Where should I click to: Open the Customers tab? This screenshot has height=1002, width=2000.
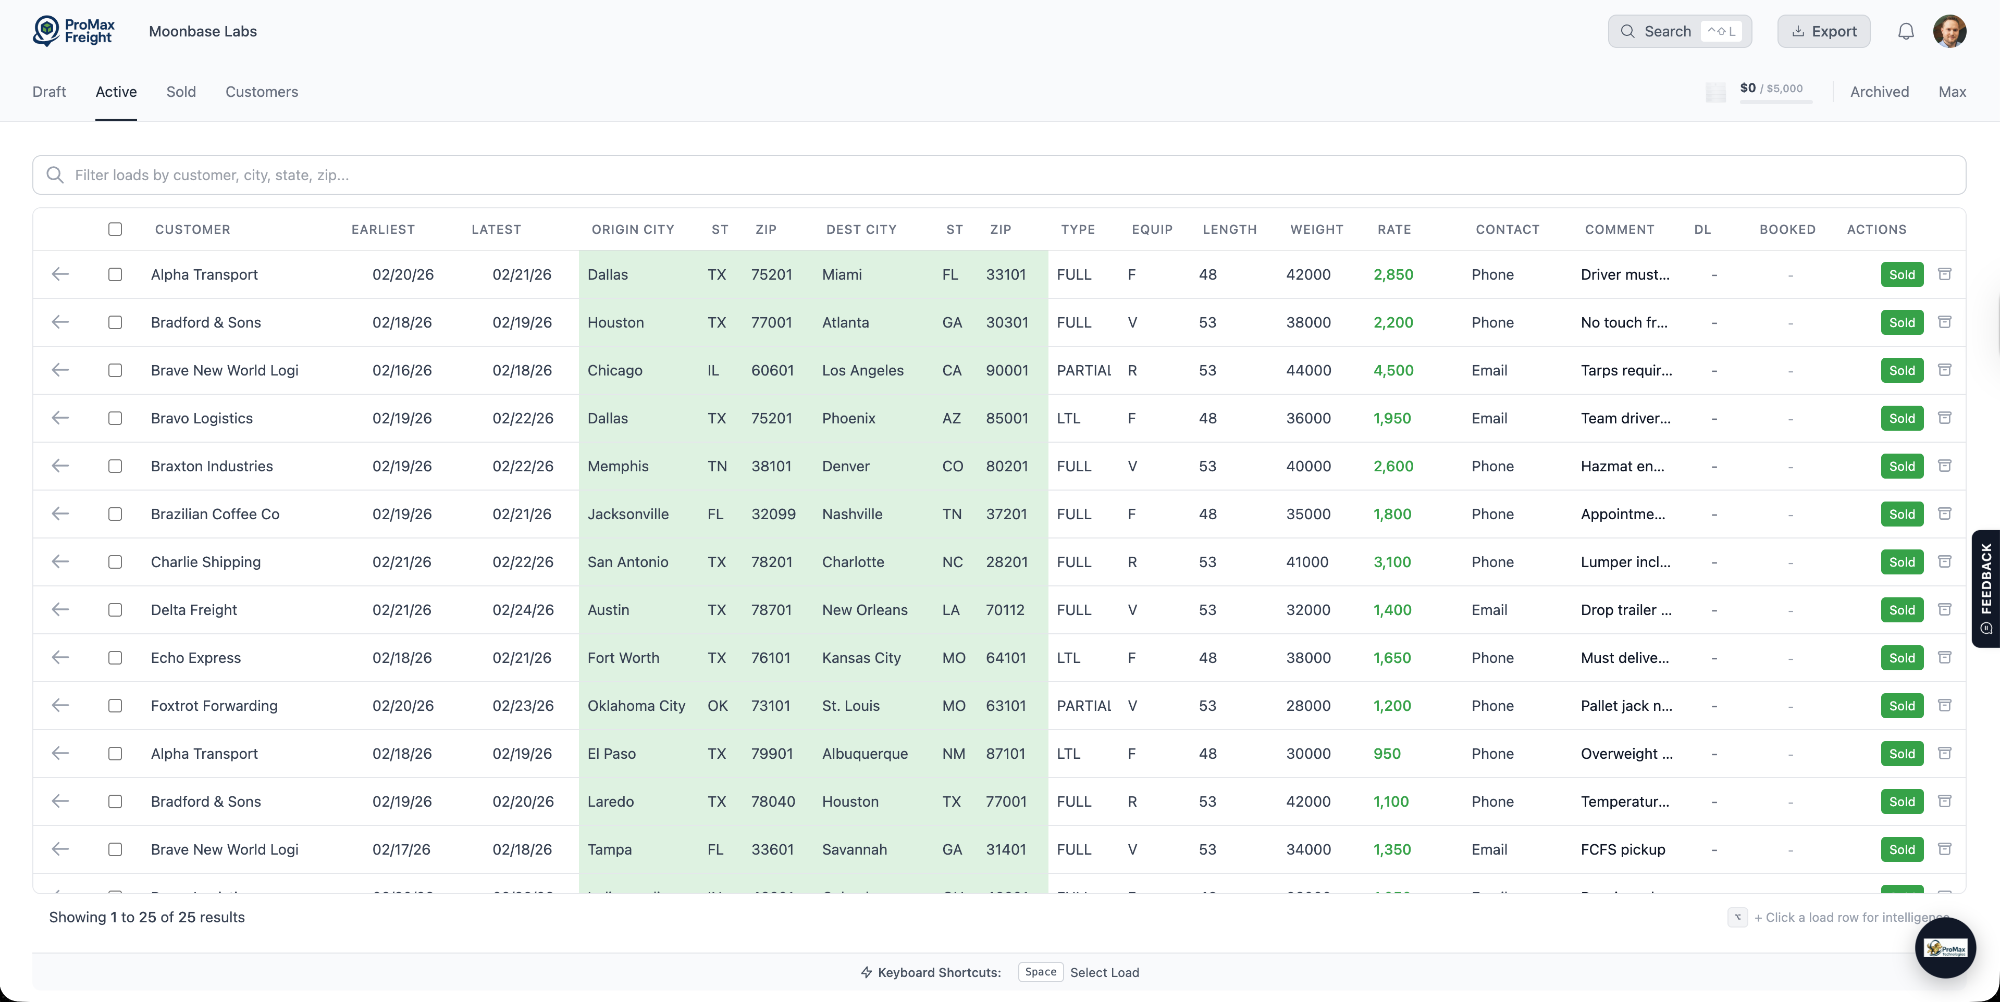(x=262, y=92)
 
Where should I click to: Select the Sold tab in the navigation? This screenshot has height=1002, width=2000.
(x=181, y=92)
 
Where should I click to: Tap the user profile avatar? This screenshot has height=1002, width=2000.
(x=1949, y=32)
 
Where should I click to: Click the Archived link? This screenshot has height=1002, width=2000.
(x=1879, y=92)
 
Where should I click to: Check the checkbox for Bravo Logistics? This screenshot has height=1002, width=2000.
(x=115, y=418)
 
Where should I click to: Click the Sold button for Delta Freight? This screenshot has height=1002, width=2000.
(x=1902, y=610)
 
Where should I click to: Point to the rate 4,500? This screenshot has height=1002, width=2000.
(x=1393, y=370)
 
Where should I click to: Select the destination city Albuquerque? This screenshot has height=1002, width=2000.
(x=864, y=754)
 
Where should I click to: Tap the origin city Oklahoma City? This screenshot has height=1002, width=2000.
(x=636, y=706)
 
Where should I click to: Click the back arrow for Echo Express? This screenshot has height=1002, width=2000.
(x=60, y=657)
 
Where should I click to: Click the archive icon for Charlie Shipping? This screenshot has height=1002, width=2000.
(x=1944, y=561)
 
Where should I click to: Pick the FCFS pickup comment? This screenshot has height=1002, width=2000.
(x=1623, y=849)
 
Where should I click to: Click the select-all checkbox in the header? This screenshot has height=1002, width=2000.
(x=115, y=229)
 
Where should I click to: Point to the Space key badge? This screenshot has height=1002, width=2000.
(x=1040, y=972)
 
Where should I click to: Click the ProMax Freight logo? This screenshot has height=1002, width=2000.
(x=74, y=32)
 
